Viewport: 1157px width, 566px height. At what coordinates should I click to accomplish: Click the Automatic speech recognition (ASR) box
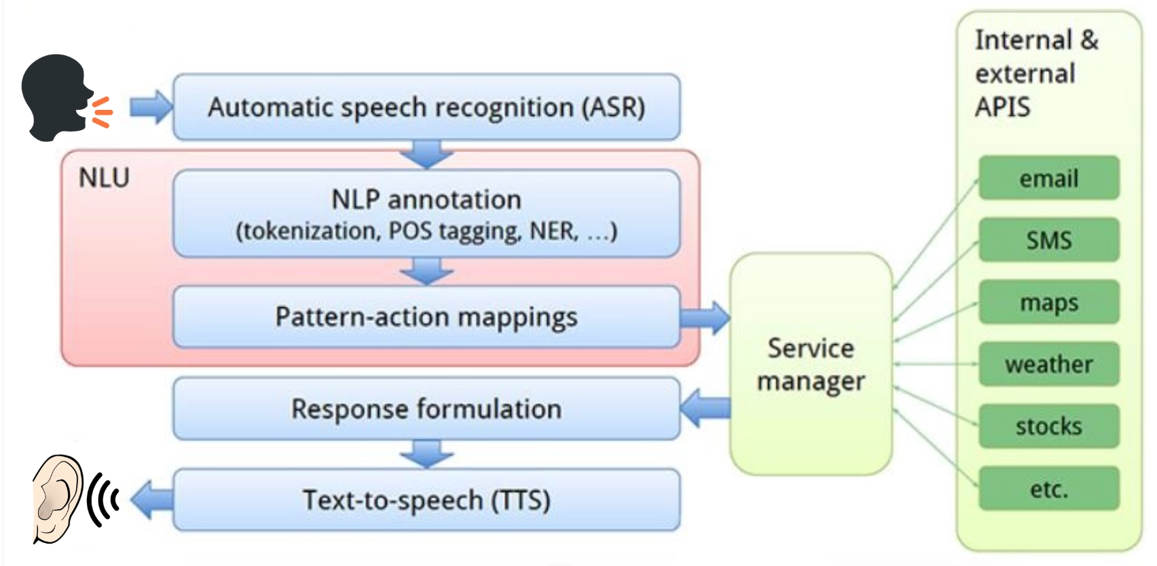click(426, 107)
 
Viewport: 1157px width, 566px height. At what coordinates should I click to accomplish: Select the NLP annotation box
click(426, 213)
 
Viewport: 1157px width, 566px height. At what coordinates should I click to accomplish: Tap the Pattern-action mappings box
click(426, 317)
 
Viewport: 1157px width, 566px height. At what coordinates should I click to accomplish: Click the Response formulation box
click(426, 409)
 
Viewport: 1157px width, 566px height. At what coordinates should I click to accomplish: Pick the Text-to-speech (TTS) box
click(426, 500)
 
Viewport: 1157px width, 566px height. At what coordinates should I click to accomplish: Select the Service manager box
click(811, 364)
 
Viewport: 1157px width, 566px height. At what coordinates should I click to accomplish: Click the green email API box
click(1048, 178)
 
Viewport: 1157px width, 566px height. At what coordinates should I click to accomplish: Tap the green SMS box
click(1048, 240)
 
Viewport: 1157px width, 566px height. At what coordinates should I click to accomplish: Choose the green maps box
click(1048, 302)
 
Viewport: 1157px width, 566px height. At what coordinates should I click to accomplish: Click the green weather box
click(1048, 364)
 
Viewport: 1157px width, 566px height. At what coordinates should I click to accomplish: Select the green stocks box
click(1048, 426)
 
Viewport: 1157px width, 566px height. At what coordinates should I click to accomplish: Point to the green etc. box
click(1048, 489)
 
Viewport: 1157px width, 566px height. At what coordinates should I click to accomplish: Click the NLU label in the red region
click(104, 178)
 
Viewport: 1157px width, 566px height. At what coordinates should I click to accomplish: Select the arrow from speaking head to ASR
click(150, 107)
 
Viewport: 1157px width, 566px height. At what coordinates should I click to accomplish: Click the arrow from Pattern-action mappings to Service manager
click(705, 318)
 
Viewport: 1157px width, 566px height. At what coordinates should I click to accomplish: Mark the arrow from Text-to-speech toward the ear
click(151, 499)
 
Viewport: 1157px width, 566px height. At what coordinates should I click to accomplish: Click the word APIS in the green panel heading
click(1002, 107)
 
